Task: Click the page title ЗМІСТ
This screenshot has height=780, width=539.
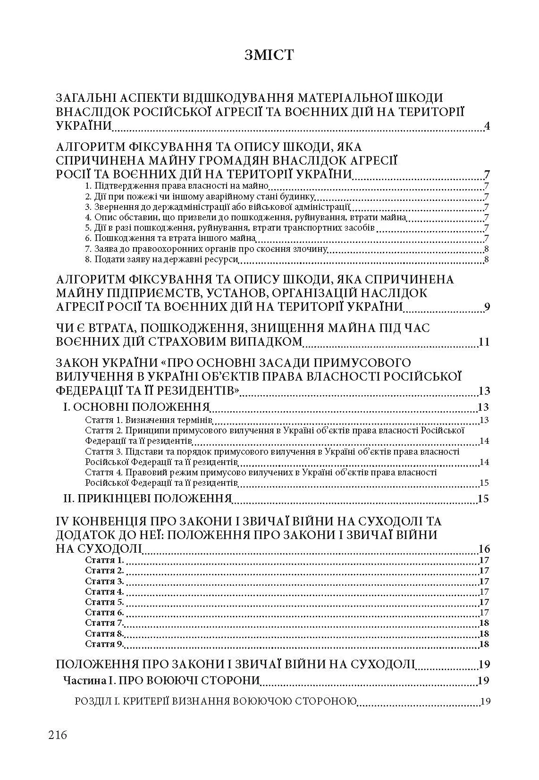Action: tap(269, 55)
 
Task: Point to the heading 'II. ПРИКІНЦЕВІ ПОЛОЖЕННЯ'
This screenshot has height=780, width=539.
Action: tap(147, 498)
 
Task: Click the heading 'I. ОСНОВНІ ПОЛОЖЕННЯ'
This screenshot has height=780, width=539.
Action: tap(136, 407)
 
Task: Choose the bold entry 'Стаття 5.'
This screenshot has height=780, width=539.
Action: tap(104, 602)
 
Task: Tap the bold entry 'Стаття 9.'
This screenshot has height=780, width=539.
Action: tap(104, 644)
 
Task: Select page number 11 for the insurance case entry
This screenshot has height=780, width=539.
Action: tap(484, 342)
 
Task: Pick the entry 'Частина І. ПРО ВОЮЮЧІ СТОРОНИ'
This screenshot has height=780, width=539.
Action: tap(161, 680)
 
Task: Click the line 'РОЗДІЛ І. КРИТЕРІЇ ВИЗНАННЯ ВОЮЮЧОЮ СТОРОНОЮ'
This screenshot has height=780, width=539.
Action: tap(216, 701)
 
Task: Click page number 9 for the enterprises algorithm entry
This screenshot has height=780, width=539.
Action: tap(487, 307)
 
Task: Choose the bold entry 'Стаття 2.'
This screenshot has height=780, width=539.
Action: tap(104, 571)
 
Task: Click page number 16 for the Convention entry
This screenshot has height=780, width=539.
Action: tap(484, 548)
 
